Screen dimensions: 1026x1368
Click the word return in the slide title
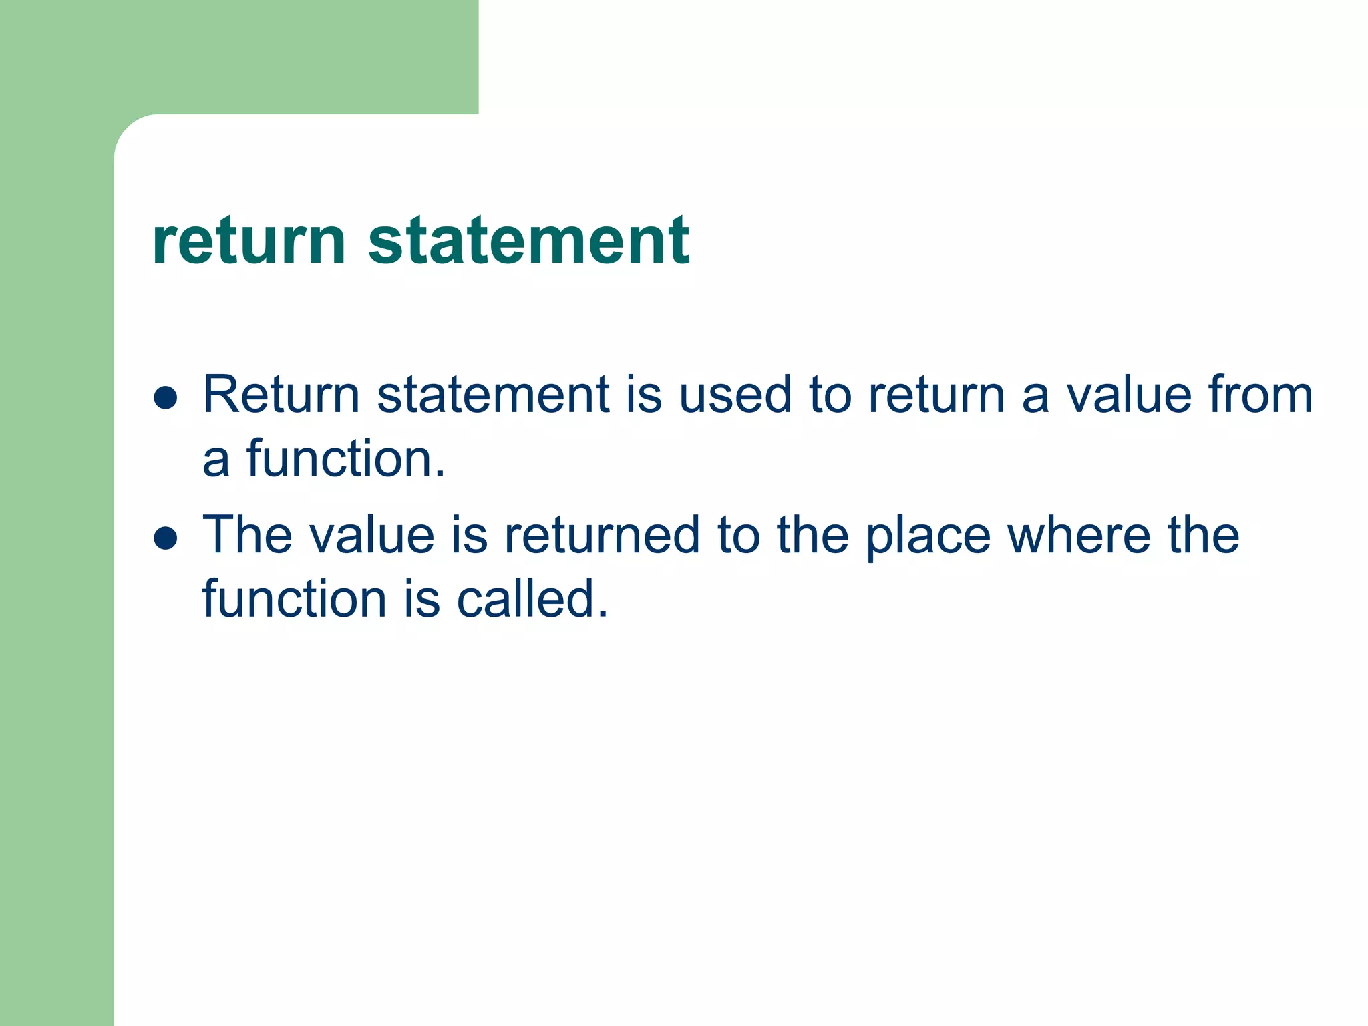(248, 241)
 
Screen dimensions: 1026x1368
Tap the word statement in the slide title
(528, 241)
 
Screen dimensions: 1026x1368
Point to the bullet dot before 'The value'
(165, 538)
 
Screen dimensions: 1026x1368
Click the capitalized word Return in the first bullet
(281, 395)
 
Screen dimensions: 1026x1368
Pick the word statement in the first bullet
(493, 395)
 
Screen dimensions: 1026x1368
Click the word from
(1260, 395)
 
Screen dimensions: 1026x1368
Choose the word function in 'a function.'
(345, 459)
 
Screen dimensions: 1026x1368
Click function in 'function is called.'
(295, 598)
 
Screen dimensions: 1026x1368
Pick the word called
(532, 598)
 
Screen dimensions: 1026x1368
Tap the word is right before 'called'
(422, 598)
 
